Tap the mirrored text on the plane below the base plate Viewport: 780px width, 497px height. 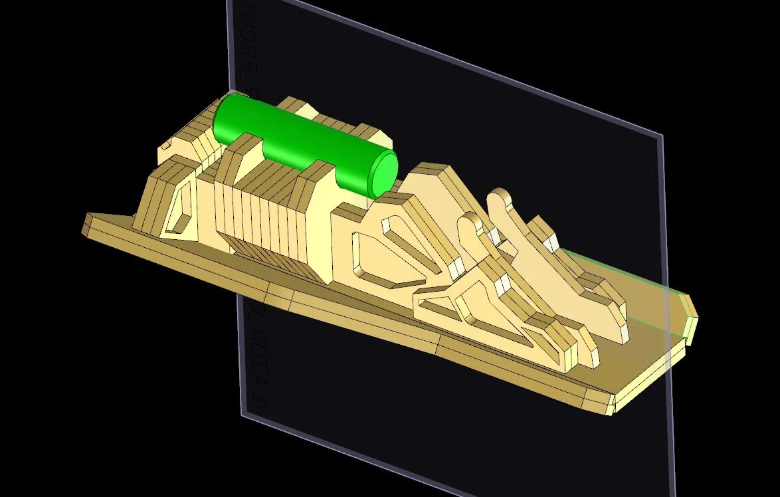[x=256, y=352]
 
